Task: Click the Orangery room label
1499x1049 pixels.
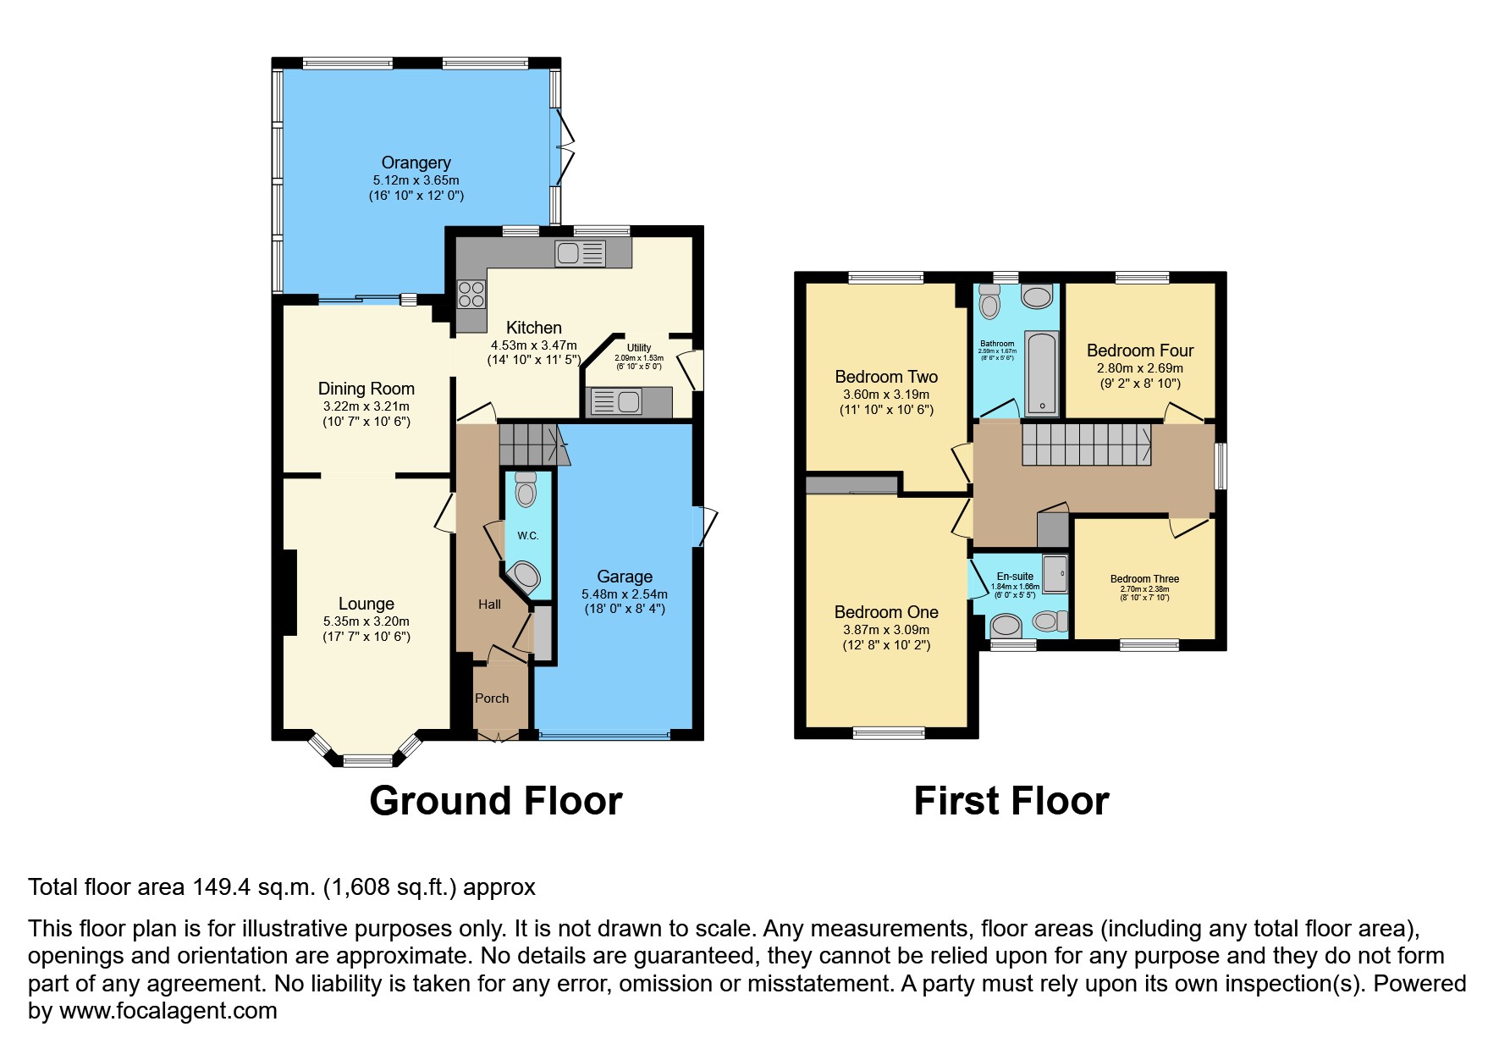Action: point(416,163)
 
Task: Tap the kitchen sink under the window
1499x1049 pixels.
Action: point(580,253)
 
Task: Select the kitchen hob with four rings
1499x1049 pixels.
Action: point(471,294)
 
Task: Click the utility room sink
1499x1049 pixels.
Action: point(616,402)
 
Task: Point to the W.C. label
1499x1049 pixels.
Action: point(528,535)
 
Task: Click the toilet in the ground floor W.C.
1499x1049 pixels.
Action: point(526,489)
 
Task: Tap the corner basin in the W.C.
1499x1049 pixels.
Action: point(525,577)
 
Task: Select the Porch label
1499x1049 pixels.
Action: point(492,698)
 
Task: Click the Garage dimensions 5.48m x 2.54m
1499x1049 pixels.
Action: point(625,594)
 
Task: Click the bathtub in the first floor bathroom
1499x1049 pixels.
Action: point(1041,373)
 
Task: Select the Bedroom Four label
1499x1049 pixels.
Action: point(1140,351)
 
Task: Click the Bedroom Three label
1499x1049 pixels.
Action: point(1144,579)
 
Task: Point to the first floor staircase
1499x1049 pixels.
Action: point(1086,444)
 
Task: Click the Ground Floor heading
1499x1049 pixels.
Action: point(496,801)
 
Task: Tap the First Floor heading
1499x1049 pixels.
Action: point(1011,801)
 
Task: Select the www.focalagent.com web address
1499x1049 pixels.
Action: point(168,1011)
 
